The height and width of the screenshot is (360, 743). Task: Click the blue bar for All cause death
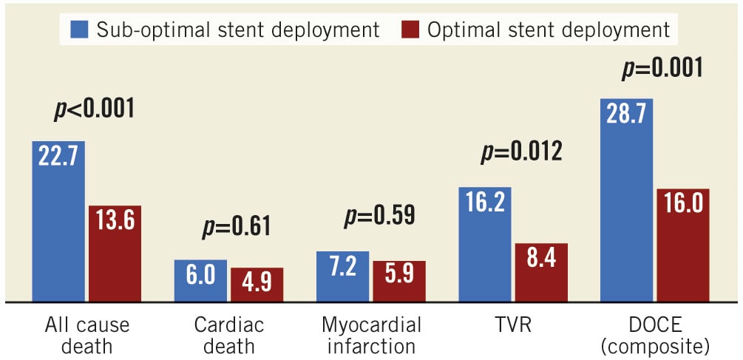click(58, 222)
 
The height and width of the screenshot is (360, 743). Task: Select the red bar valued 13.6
click(115, 254)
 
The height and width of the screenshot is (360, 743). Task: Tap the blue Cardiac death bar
click(200, 281)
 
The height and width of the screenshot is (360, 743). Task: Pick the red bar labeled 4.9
click(257, 285)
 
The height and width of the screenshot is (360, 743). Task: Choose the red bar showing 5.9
click(399, 282)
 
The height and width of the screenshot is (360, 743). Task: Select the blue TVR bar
click(485, 245)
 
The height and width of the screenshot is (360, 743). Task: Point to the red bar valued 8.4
click(541, 273)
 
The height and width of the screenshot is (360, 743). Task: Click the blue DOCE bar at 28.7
click(627, 200)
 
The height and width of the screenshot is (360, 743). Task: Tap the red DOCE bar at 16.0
click(683, 245)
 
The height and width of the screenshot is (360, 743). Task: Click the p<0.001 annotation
click(94, 109)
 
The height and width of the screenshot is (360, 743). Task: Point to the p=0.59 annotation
click(380, 215)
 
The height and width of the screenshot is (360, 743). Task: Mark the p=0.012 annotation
click(522, 152)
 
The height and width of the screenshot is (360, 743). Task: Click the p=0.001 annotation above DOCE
click(662, 69)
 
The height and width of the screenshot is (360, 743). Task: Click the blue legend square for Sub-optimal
click(81, 30)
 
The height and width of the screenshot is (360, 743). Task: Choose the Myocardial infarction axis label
click(372, 335)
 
